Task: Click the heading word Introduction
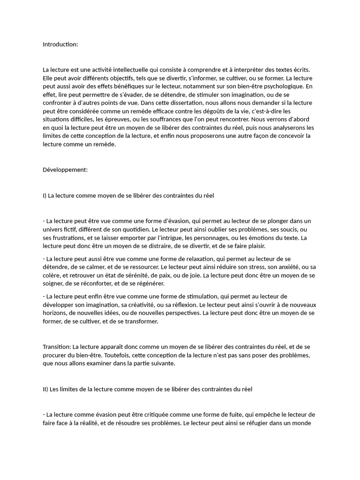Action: pos(60,45)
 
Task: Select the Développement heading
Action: pos(65,170)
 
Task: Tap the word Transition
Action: pos(56,347)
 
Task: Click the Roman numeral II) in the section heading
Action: pos(46,389)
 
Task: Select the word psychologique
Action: pos(274,86)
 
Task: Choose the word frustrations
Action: pos(62,238)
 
